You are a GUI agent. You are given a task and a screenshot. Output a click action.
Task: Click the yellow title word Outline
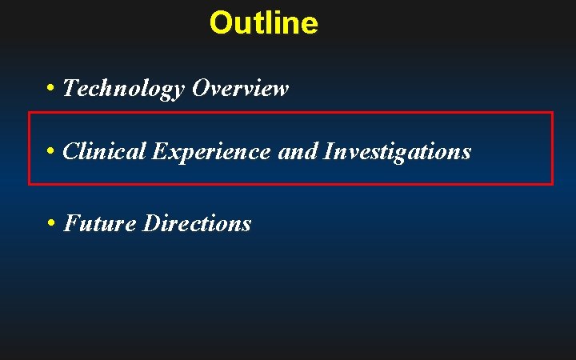click(263, 22)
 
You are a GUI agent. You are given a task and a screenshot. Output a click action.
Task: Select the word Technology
click(123, 88)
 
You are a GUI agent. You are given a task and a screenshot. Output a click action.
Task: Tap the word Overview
click(240, 88)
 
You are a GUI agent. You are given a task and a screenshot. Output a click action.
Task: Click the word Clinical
click(103, 150)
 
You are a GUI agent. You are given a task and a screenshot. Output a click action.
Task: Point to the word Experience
click(210, 150)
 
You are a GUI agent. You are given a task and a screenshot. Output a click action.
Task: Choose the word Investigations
click(397, 150)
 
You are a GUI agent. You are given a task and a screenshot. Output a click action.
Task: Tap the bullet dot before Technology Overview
click(50, 88)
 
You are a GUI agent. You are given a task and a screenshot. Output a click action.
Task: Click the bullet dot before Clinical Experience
click(50, 150)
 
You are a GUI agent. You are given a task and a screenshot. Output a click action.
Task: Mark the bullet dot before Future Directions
click(50, 223)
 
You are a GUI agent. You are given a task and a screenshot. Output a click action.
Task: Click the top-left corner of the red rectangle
click(30, 113)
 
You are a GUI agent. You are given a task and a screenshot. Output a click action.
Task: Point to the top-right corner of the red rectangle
click(552, 113)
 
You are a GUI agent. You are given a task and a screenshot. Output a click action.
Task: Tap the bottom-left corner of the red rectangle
click(30, 184)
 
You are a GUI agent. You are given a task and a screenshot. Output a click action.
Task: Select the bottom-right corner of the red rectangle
click(552, 184)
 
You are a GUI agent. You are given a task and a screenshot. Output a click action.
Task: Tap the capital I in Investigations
click(328, 150)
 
